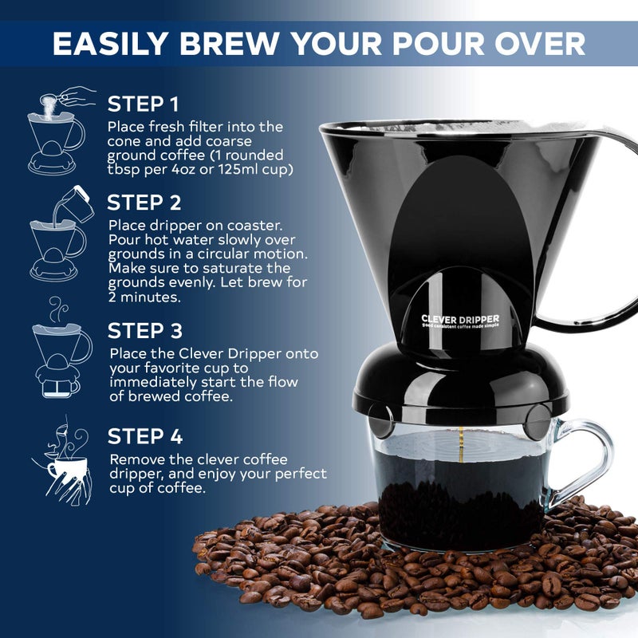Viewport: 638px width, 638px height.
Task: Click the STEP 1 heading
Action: pyautogui.click(x=144, y=104)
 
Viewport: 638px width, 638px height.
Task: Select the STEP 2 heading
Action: pyautogui.click(x=145, y=203)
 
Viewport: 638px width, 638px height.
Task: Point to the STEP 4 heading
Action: pyautogui.click(x=146, y=437)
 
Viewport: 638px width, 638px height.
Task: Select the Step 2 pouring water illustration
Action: pyautogui.click(x=58, y=232)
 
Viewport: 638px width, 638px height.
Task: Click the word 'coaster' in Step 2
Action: pyautogui.click(x=255, y=225)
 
